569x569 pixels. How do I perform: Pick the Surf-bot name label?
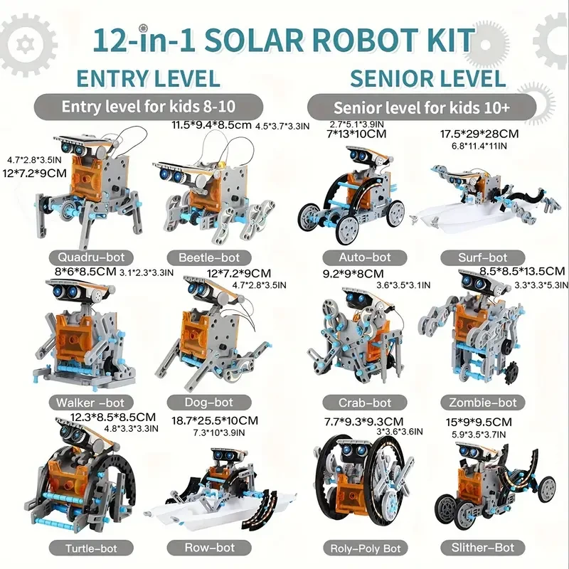point(484,257)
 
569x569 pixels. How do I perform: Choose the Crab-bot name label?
point(366,403)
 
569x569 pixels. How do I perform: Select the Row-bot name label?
point(209,548)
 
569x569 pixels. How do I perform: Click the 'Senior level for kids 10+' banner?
point(420,108)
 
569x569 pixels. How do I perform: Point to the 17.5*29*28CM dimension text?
point(479,133)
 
